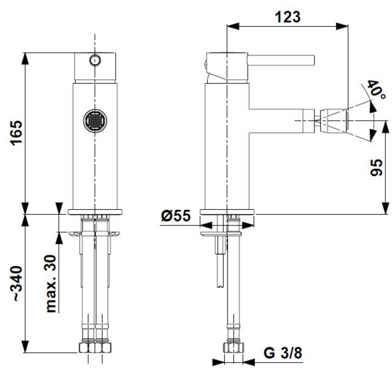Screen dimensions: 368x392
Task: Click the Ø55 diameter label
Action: pyautogui.click(x=176, y=216)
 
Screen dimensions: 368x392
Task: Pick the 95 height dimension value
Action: pyautogui.click(x=376, y=167)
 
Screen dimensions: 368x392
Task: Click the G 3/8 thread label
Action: pyautogui.click(x=283, y=353)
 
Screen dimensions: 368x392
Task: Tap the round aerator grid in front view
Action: pyautogui.click(x=95, y=121)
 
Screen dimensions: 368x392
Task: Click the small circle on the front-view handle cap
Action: pyautogui.click(x=95, y=60)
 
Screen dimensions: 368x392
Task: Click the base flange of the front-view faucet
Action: pyautogui.click(x=95, y=212)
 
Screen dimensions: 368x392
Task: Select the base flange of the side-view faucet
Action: pyautogui.click(x=227, y=212)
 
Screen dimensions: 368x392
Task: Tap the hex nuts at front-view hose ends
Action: pyautogui.click(x=95, y=348)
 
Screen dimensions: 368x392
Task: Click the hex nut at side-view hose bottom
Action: pyautogui.click(x=233, y=348)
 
